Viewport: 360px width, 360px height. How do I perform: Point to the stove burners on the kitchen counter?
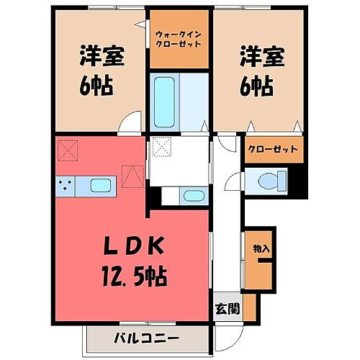tap(64, 186)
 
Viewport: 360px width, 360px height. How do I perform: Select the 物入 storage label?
tap(261, 248)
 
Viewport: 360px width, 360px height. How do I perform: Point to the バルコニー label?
tap(146, 337)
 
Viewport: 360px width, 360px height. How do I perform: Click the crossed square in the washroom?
tap(161, 148)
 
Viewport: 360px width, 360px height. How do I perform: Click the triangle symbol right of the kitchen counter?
tap(132, 175)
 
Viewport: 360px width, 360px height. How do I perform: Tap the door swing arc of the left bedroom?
tap(130, 123)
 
